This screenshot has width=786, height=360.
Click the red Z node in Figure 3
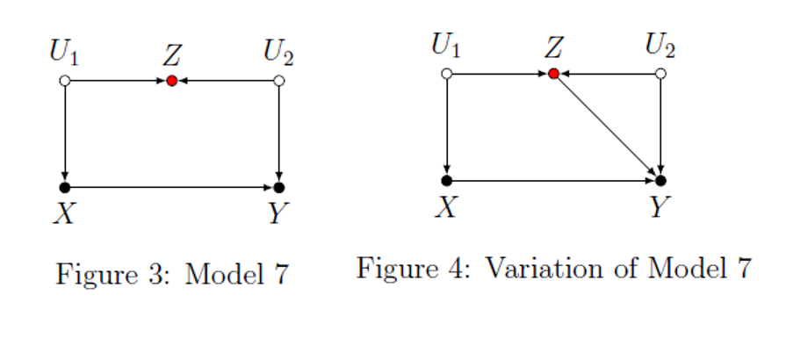coord(172,81)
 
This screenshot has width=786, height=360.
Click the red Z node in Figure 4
coord(553,74)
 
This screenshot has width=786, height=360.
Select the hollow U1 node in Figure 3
coord(64,81)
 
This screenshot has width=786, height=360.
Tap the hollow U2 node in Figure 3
coord(278,81)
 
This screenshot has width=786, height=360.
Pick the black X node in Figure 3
coord(64,187)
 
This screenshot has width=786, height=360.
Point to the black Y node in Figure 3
coord(278,187)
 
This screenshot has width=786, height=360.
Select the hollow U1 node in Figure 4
coord(446,74)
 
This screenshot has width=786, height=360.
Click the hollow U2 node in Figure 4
coord(660,74)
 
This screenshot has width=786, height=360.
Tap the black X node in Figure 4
coord(446,181)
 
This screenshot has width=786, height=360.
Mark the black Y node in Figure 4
coord(660,181)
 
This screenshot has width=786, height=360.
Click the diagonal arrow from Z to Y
coord(606,126)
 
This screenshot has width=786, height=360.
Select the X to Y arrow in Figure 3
coord(171,187)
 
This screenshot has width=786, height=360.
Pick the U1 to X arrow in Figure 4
coord(446,127)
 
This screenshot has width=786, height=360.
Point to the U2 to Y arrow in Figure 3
coord(278,133)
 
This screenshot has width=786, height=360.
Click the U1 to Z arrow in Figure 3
coord(118,81)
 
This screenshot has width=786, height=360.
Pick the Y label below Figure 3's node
coord(278,213)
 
